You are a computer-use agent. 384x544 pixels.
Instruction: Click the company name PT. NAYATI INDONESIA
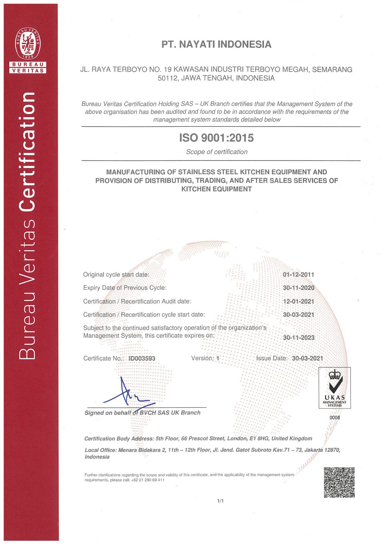point(216,44)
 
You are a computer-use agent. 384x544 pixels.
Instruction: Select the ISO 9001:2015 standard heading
point(216,138)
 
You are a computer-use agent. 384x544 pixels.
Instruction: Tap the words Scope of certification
point(217,152)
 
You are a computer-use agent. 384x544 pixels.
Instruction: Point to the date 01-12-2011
point(298,275)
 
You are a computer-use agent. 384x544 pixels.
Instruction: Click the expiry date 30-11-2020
point(298,288)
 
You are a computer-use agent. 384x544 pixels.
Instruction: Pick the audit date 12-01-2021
point(298,301)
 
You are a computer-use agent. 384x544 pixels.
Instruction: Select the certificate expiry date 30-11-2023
point(299,338)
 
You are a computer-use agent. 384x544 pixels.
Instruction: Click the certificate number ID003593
point(142,359)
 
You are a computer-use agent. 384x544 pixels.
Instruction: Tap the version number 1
point(218,358)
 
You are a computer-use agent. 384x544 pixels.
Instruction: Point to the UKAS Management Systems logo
point(334,388)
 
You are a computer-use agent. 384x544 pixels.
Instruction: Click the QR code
point(339,482)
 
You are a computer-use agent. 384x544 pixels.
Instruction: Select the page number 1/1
point(220,501)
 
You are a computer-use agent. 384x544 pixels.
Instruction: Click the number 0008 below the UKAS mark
point(334,418)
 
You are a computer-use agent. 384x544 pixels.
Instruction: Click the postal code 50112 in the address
point(168,78)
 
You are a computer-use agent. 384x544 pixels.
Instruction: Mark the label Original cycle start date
point(116,275)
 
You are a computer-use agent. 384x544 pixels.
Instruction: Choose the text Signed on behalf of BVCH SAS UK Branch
point(142,413)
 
